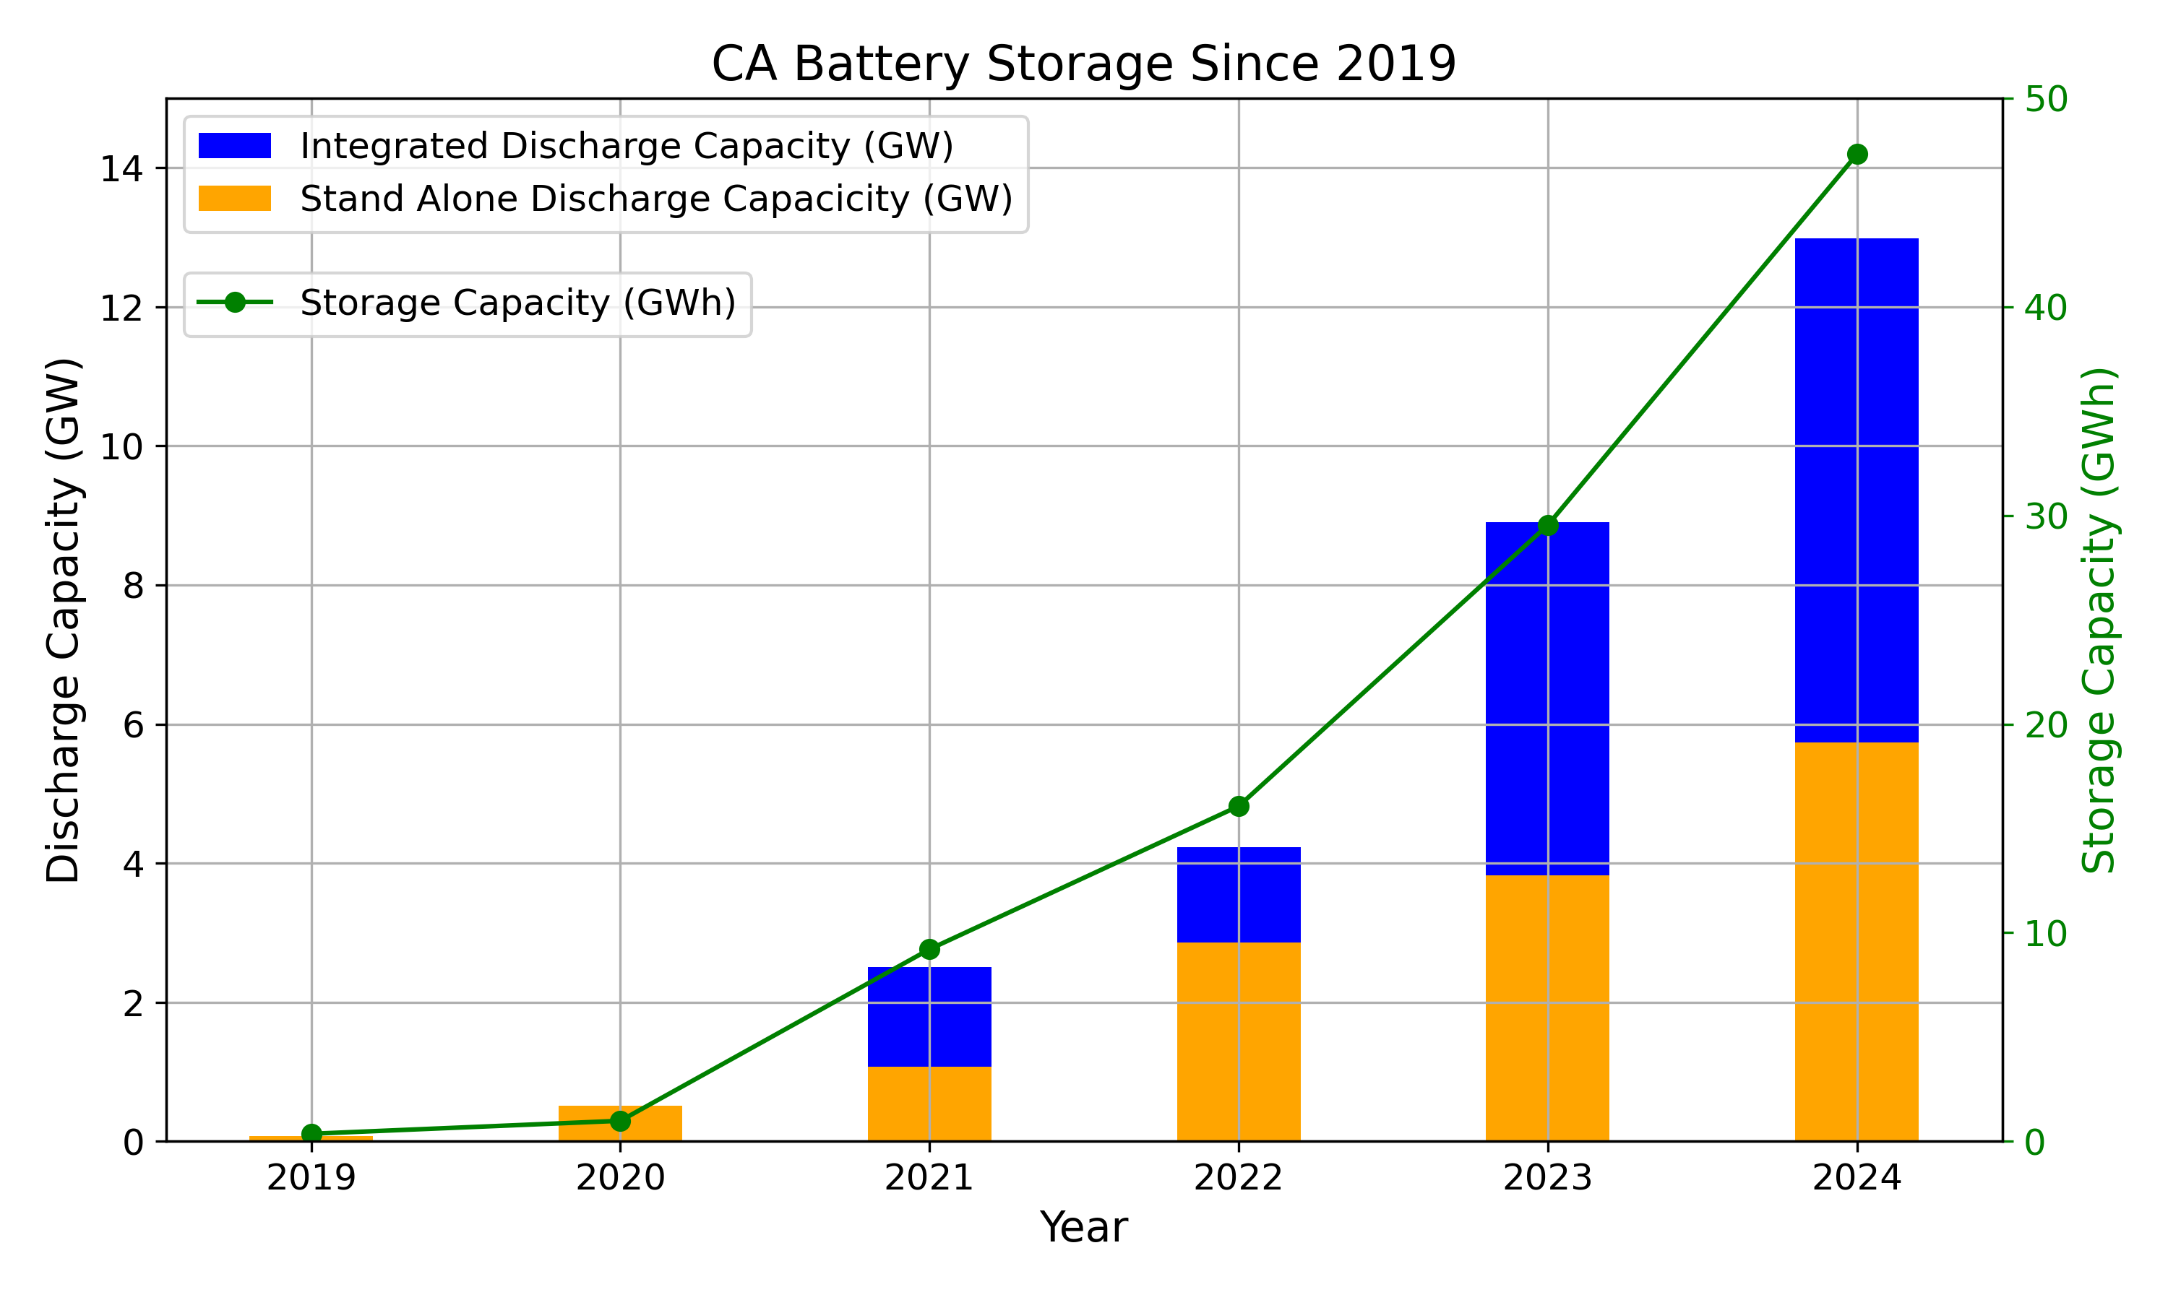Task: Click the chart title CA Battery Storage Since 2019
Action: (x=1083, y=64)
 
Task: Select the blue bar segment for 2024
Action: (x=1856, y=490)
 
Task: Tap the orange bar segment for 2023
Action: (x=1547, y=1007)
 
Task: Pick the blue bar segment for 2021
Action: (x=929, y=1016)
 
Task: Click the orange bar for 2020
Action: (x=619, y=1122)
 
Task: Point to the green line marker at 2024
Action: (x=1856, y=154)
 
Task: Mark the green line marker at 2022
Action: (x=1238, y=806)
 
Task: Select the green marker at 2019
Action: (x=311, y=1134)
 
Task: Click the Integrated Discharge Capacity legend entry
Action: (x=626, y=147)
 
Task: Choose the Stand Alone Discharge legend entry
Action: (x=655, y=199)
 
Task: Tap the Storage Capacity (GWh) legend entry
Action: (x=517, y=303)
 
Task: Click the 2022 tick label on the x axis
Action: (x=1238, y=1178)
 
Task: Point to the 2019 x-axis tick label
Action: (x=311, y=1178)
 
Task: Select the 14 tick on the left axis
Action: (x=121, y=169)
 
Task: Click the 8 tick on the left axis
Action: (x=133, y=586)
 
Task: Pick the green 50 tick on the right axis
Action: (x=2045, y=99)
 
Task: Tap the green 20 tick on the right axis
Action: (x=2045, y=724)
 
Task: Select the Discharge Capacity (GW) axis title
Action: (x=64, y=620)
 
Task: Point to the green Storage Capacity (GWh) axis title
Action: (x=2099, y=620)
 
